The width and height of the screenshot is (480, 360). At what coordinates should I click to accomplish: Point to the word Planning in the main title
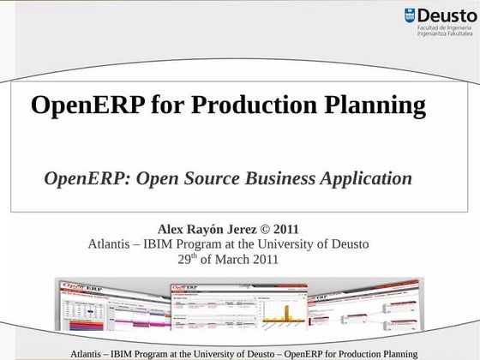click(377, 105)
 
